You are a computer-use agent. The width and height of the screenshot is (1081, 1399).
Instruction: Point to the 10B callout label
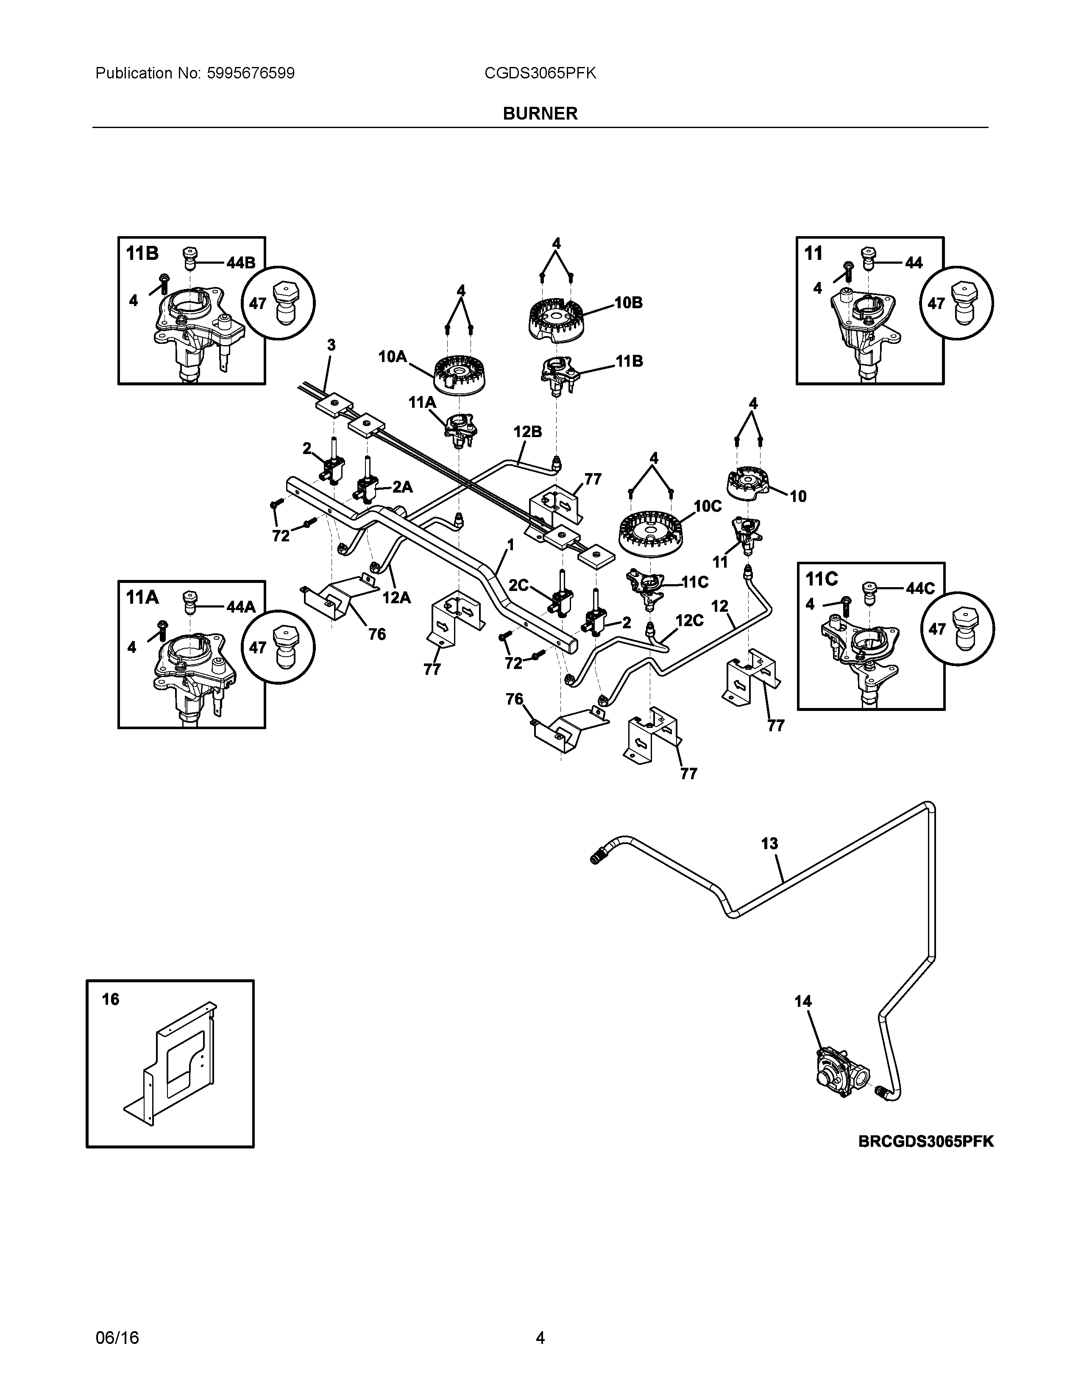[628, 303]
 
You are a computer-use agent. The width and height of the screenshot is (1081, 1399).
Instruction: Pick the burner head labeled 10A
[459, 374]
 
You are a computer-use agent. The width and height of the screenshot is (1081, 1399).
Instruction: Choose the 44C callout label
[920, 589]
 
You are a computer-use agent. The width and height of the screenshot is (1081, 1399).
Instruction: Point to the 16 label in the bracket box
[110, 999]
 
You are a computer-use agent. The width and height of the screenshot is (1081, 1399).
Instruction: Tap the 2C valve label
[519, 585]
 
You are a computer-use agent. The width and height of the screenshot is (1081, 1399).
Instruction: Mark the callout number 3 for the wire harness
[331, 345]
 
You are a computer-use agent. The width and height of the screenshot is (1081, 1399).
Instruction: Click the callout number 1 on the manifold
[510, 544]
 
